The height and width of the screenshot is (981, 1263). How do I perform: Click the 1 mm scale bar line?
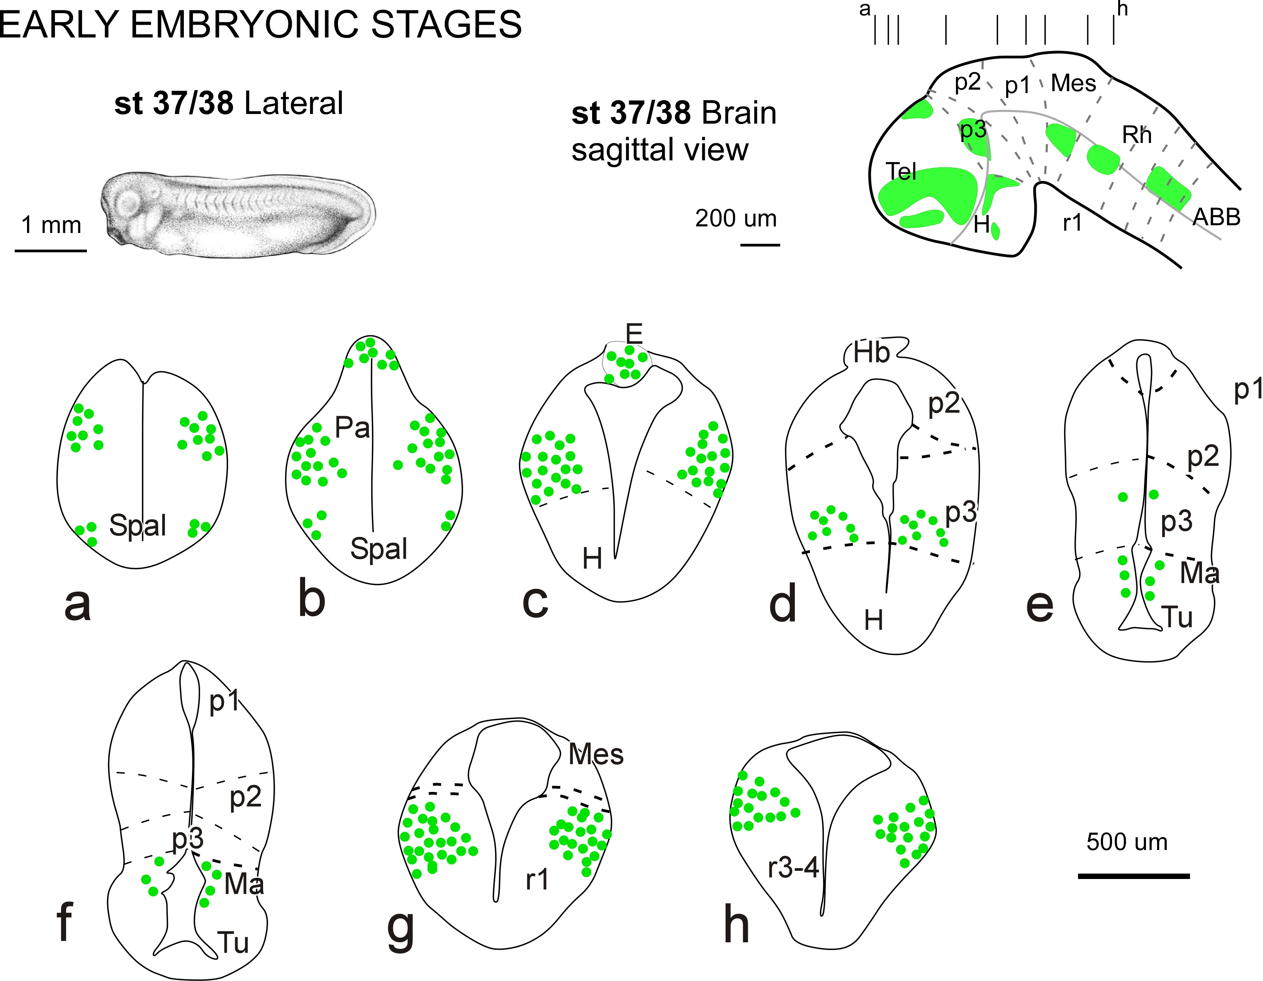(51, 250)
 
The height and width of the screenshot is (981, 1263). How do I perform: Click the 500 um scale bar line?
(1134, 876)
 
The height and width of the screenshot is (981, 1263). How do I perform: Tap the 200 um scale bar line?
(760, 245)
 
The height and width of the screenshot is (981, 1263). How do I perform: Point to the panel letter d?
(783, 603)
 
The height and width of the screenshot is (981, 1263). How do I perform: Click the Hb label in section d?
(871, 353)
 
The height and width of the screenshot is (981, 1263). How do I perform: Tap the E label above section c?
(634, 334)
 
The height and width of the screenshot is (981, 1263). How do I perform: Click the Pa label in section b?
(352, 428)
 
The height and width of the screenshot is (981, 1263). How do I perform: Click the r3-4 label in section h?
(793, 868)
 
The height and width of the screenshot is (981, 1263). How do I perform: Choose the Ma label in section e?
(1199, 573)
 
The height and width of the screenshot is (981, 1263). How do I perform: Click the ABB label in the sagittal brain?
(1217, 218)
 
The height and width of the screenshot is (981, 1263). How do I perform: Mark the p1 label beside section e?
(1248, 390)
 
